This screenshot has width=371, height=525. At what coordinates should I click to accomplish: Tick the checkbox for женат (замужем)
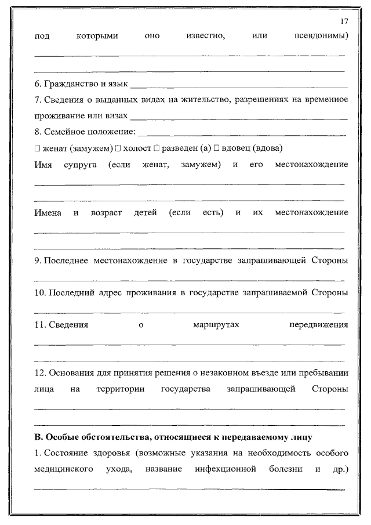point(37,148)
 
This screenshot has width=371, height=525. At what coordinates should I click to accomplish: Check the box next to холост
point(117,148)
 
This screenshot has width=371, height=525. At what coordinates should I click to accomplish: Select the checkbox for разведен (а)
point(157,148)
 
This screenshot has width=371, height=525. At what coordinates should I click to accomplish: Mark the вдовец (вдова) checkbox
point(216,148)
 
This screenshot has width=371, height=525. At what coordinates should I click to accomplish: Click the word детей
point(145,212)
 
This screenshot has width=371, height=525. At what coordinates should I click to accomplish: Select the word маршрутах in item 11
point(216,324)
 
